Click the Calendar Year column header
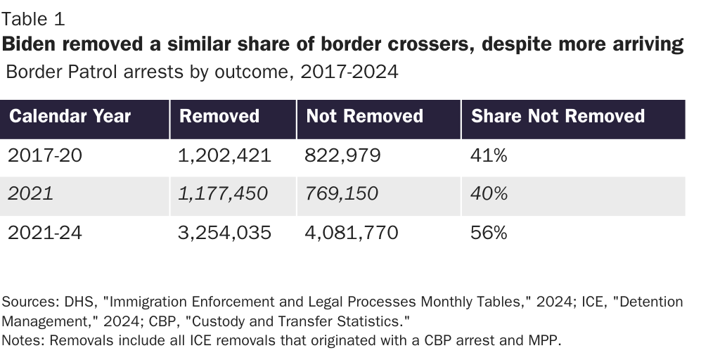pos(70,116)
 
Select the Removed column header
pos(219,116)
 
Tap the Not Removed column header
pos(364,116)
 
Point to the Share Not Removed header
pos(558,116)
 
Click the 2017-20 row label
pos(44,155)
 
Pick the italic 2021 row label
pos(30,193)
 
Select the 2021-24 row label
pos(44,232)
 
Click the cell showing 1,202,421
pos(225,155)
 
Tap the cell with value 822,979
pos(343,155)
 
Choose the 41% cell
pos(488,155)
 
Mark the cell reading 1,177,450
pos(224,193)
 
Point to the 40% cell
pos(488,193)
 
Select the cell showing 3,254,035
pos(225,232)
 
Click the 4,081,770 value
pos(352,232)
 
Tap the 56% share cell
pos(488,232)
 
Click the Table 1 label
pos(34,19)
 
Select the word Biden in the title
pos(31,44)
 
